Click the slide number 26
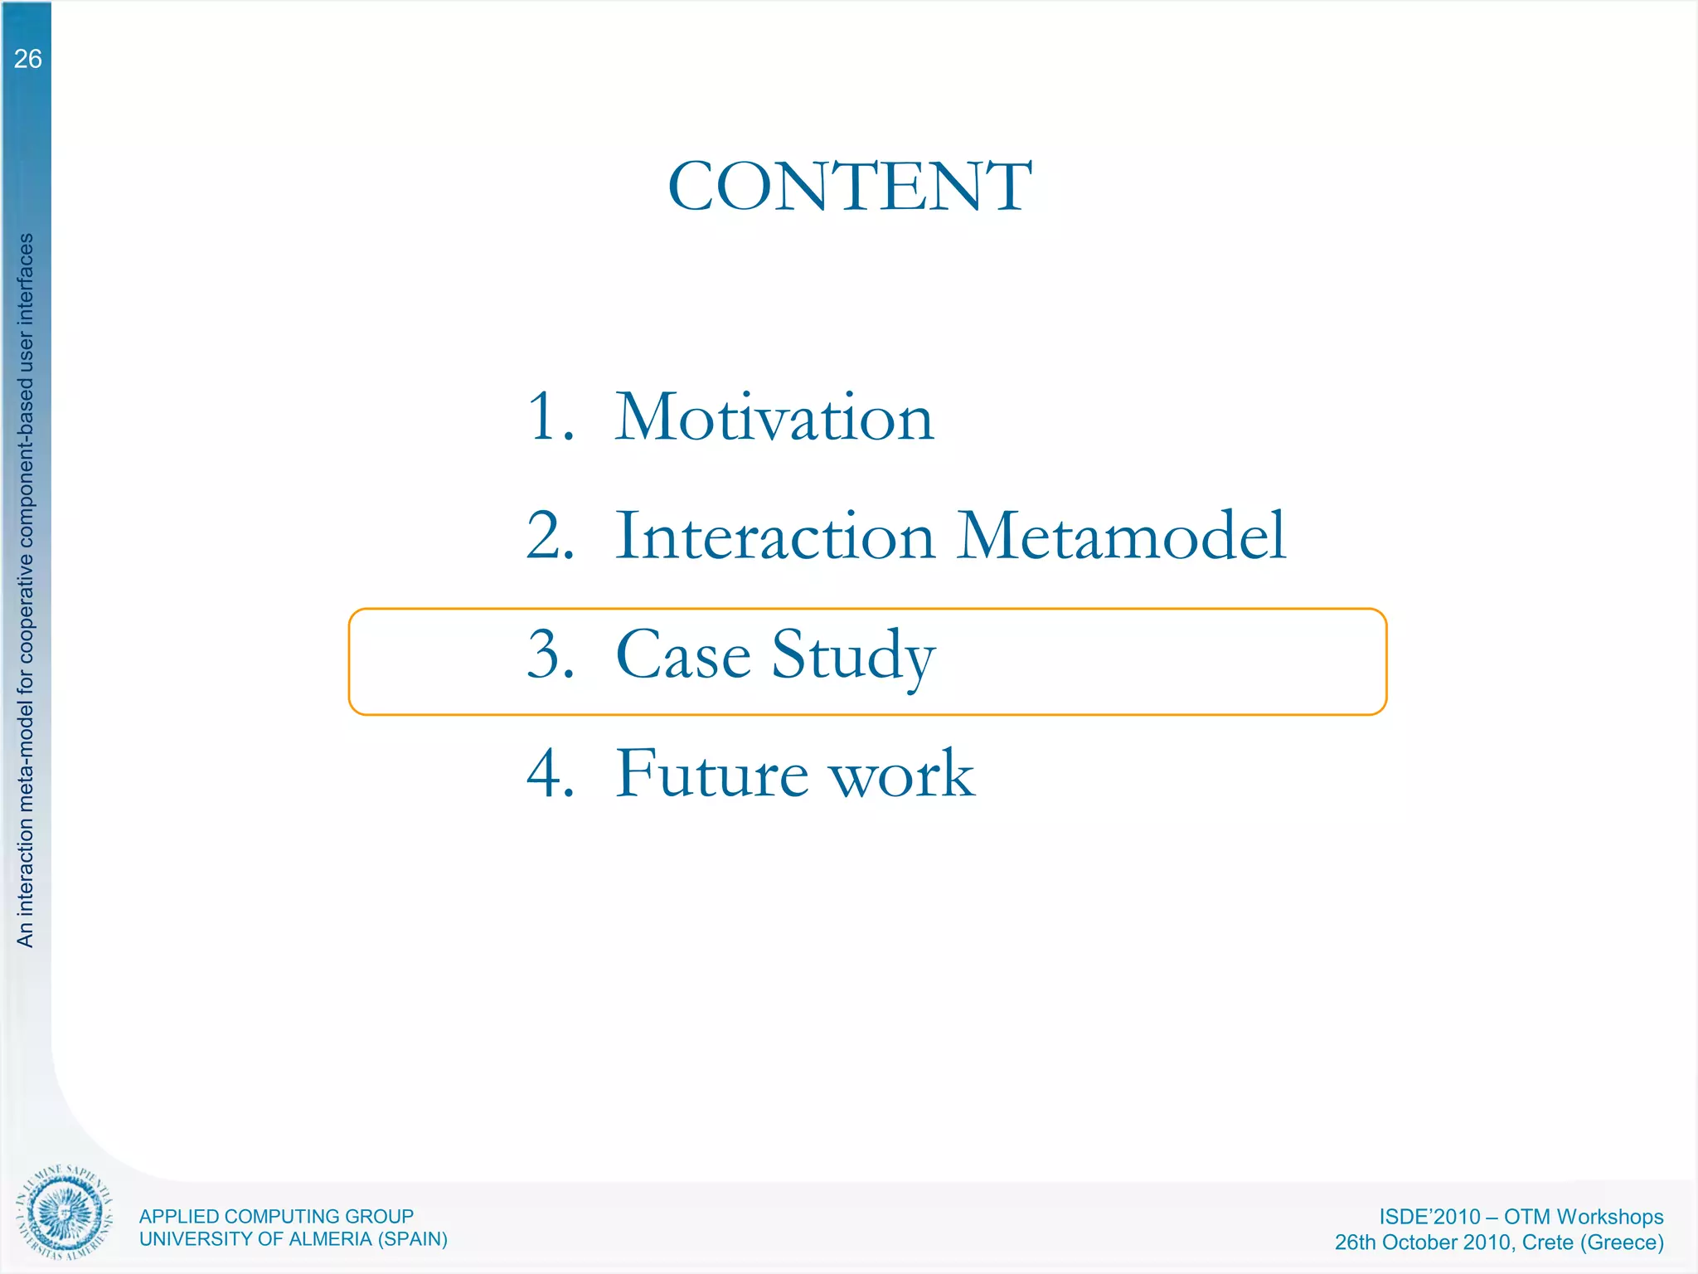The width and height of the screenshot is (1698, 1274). click(27, 59)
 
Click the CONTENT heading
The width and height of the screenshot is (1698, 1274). click(849, 187)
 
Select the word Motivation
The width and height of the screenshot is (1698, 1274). click(774, 417)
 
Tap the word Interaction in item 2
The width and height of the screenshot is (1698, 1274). click(775, 536)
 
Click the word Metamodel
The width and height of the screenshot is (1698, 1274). click(1121, 536)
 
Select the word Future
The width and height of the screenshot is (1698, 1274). click(711, 773)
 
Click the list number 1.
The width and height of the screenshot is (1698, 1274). click(549, 417)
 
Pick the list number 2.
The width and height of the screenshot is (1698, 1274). click(549, 536)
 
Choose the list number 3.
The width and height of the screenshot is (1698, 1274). click(549, 654)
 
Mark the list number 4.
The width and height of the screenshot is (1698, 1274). click(549, 773)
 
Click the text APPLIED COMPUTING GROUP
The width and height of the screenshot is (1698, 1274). click(276, 1216)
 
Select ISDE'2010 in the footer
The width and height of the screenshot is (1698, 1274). click(1429, 1217)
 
